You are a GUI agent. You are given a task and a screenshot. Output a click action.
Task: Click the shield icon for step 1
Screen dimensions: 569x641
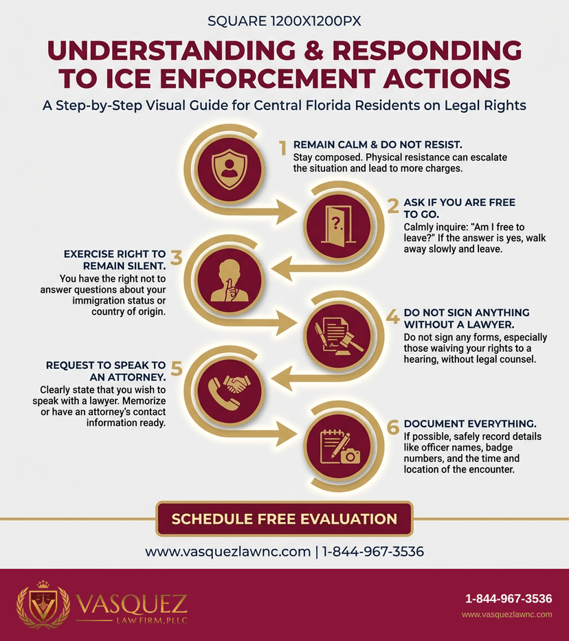pyautogui.click(x=230, y=168)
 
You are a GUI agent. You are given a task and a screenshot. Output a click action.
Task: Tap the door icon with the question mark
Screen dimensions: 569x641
pyautogui.click(x=337, y=226)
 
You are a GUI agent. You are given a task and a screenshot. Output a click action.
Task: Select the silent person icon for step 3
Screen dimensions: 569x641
pyautogui.click(x=229, y=280)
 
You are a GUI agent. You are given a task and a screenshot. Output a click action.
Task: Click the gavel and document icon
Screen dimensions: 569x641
pyautogui.click(x=339, y=336)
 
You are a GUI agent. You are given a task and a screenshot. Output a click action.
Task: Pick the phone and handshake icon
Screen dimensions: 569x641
pyautogui.click(x=229, y=390)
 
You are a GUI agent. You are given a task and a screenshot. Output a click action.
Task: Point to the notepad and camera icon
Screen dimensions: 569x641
pyautogui.click(x=339, y=447)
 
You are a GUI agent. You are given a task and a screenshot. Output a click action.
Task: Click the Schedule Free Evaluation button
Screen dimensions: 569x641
pyautogui.click(x=284, y=519)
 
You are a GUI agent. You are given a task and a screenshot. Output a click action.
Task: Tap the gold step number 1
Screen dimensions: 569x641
pyautogui.click(x=282, y=148)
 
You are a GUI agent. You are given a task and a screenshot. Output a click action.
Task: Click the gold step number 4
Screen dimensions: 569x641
pyautogui.click(x=393, y=317)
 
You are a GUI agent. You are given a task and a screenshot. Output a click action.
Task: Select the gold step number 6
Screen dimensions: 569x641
pyautogui.click(x=393, y=427)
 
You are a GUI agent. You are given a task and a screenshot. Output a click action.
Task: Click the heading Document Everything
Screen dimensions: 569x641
pyautogui.click(x=470, y=423)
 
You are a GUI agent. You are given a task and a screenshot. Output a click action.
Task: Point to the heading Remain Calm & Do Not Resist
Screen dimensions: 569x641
pyautogui.click(x=378, y=145)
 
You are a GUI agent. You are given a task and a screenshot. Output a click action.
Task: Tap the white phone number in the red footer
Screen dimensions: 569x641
pyautogui.click(x=509, y=599)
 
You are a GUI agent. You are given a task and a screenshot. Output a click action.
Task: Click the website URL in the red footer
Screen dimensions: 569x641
pyautogui.click(x=507, y=614)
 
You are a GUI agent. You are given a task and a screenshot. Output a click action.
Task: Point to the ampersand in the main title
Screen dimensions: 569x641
pyautogui.click(x=314, y=50)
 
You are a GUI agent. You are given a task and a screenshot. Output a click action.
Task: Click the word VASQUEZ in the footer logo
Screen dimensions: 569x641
pyautogui.click(x=132, y=605)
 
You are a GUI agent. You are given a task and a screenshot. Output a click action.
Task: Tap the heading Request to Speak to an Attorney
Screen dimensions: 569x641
pyautogui.click(x=106, y=371)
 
